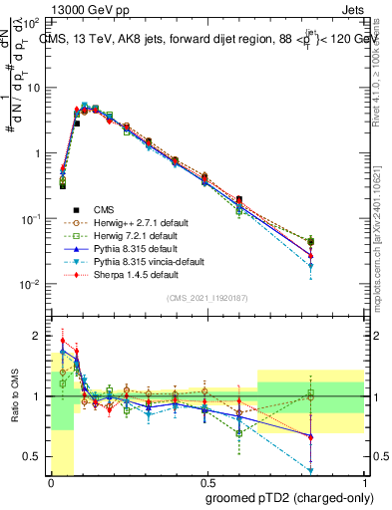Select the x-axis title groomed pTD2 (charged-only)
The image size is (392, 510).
(x=283, y=497)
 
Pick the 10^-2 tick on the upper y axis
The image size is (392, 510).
(x=32, y=285)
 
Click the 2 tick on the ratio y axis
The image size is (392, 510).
(x=38, y=335)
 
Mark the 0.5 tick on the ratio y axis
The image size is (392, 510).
(x=34, y=457)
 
